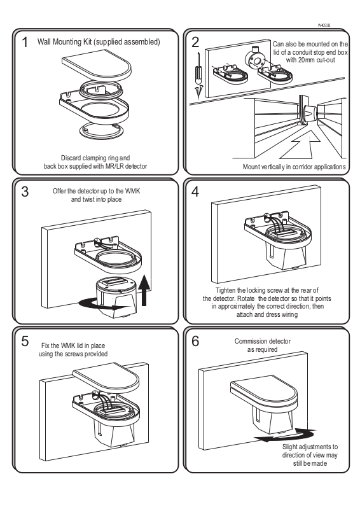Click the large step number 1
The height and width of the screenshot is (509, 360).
(25, 43)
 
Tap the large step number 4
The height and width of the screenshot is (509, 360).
(195, 192)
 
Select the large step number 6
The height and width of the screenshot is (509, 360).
(195, 341)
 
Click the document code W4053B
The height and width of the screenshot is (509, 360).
(324, 25)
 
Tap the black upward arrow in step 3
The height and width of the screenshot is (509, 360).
(144, 290)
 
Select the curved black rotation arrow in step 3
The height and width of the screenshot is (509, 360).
(97, 304)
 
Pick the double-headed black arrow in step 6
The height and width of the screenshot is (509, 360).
(286, 435)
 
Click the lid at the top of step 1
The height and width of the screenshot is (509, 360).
(97, 67)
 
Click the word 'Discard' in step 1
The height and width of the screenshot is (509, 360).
(71, 158)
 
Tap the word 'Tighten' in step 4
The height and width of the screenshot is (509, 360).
(225, 290)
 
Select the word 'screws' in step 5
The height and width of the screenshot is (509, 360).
(74, 354)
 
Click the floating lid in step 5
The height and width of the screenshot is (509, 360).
(106, 379)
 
